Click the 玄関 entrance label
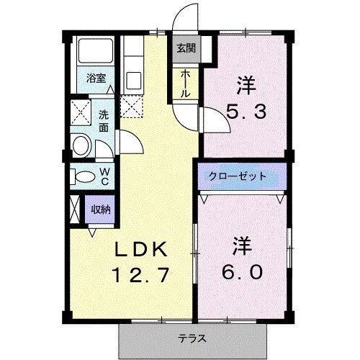(x=185, y=49)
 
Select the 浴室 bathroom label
(x=95, y=79)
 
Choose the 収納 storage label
(x=100, y=210)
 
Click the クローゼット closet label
(x=238, y=176)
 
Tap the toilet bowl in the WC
(x=84, y=176)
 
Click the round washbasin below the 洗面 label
(x=80, y=147)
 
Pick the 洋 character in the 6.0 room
(x=241, y=245)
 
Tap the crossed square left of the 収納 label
(x=76, y=211)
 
